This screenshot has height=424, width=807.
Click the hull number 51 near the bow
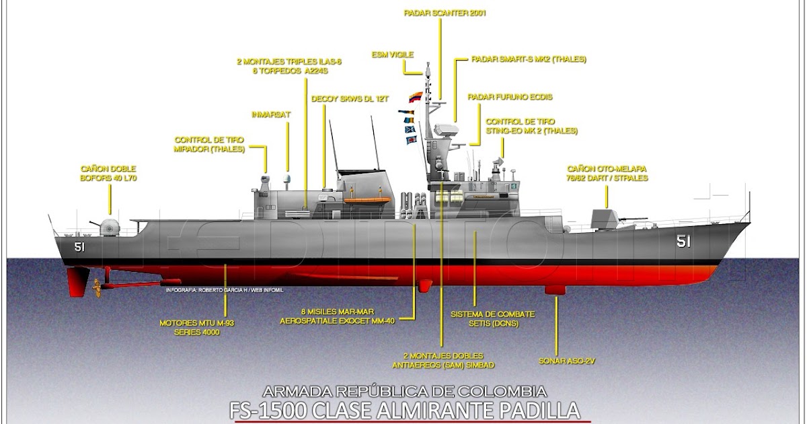(683, 242)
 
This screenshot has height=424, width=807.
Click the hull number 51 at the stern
(79, 247)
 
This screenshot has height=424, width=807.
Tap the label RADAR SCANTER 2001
(445, 13)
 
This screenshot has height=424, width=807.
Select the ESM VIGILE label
(392, 54)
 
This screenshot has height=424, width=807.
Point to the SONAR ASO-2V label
(567, 361)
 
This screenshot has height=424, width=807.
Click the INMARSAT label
(271, 114)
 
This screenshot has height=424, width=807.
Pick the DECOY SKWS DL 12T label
(350, 98)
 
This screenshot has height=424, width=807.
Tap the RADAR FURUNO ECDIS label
(510, 97)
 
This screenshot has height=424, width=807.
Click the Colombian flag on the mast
(416, 97)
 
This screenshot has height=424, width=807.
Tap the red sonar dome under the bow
(556, 289)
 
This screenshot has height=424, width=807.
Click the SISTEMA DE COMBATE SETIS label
(484, 319)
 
